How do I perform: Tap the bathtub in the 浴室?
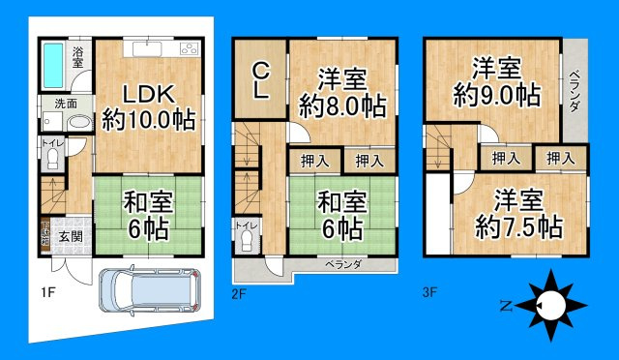(52, 65)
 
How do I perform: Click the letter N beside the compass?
(505, 306)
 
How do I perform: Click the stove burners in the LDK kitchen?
(189, 49)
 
